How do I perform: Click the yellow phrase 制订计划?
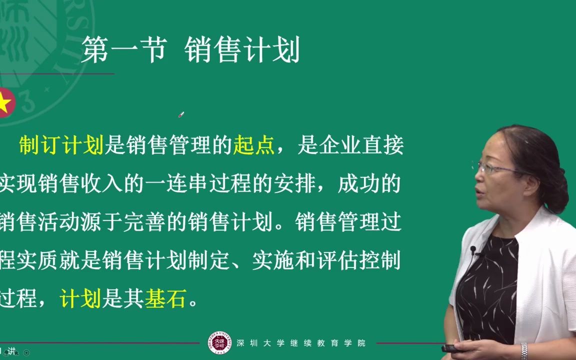(60, 145)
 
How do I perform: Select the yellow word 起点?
(254, 145)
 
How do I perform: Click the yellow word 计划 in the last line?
(80, 299)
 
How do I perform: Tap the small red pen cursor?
(181, 115)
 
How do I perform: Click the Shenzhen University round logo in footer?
(220, 343)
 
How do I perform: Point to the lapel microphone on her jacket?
(473, 249)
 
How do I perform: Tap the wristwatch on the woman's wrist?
(523, 349)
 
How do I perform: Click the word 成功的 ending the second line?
(369, 184)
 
